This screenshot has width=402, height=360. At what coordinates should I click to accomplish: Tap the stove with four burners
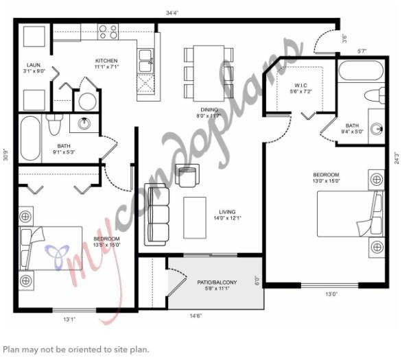coord(108,31)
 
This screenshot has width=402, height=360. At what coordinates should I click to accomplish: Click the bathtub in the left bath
coord(30,139)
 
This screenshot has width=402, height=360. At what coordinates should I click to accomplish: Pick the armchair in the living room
coord(186,176)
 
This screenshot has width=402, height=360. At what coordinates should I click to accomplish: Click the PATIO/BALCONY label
coord(217,283)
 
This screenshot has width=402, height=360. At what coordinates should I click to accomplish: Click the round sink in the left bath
coord(84,124)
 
